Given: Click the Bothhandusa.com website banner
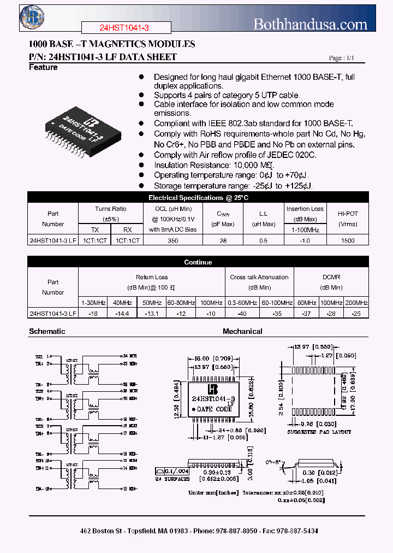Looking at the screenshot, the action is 311,23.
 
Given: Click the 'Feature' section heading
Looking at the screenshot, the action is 43,68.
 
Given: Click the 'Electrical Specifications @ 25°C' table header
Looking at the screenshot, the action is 198,198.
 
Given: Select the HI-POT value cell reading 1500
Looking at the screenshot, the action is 347,240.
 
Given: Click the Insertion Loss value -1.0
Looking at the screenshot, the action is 305,240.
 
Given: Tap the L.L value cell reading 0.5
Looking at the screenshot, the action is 264,240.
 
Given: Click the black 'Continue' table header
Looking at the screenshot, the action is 198,262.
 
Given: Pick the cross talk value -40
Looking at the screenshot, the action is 243,314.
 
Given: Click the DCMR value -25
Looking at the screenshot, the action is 356,314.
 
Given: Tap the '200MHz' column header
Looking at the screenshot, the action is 356,303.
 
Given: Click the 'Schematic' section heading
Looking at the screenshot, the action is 47,331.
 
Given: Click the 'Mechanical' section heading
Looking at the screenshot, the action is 242,331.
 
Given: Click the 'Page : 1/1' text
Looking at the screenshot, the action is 341,58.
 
